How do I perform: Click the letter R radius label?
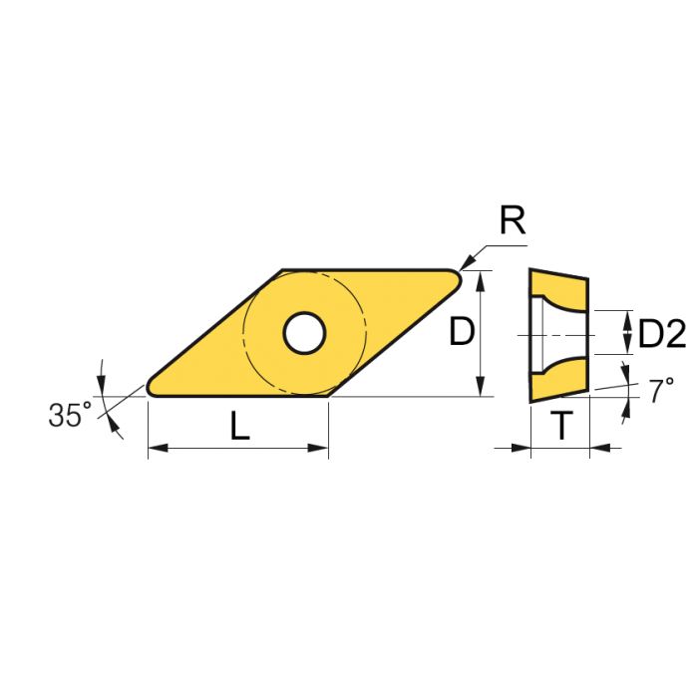tap(512, 221)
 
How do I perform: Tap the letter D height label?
tap(460, 332)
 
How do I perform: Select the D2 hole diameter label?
tap(661, 335)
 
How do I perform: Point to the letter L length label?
tap(239, 426)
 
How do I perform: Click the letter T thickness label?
tap(562, 427)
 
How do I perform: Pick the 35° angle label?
tap(69, 415)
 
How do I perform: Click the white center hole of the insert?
tap(303, 333)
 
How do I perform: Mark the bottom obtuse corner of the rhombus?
tap(328, 395)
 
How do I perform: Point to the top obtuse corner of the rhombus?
tap(282, 271)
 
